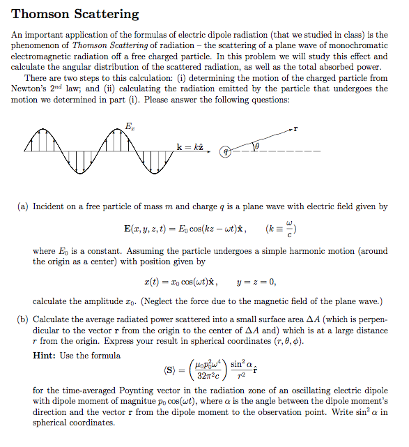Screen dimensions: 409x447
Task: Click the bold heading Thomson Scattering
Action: tap(75, 14)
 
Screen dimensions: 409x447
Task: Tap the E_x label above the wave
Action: tap(130, 126)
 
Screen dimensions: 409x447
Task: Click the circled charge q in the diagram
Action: tap(224, 151)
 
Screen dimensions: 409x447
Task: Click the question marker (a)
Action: tap(22, 206)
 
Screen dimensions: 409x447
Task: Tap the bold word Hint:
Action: tap(47, 355)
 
